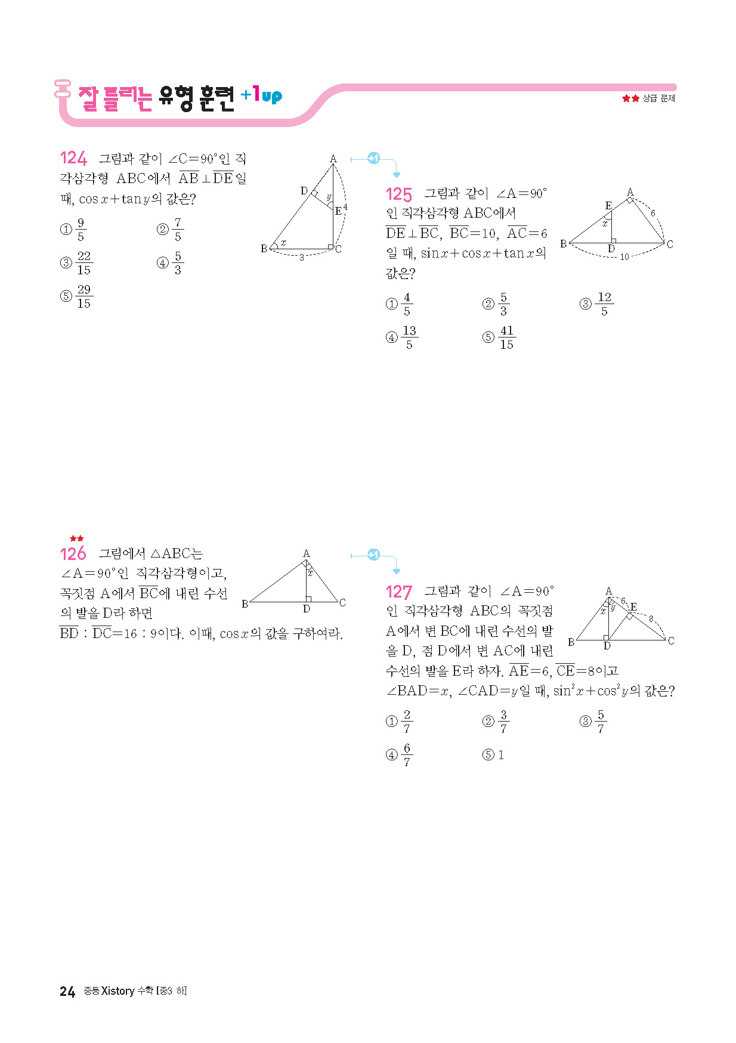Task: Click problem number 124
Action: [x=73, y=158]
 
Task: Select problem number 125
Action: [x=398, y=194]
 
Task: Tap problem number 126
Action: [x=73, y=554]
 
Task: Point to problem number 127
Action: [x=398, y=592]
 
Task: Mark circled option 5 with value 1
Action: [x=494, y=755]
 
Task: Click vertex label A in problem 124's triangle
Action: [x=333, y=159]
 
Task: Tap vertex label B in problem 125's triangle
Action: [x=563, y=244]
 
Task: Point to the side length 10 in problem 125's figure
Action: [x=624, y=257]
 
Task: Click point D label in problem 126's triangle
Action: [x=306, y=609]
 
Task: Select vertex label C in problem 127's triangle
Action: [x=671, y=640]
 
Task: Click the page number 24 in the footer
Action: [x=67, y=991]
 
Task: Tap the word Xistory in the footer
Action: [x=117, y=991]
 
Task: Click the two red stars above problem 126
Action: [x=76, y=538]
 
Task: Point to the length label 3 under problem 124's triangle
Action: [x=302, y=258]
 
